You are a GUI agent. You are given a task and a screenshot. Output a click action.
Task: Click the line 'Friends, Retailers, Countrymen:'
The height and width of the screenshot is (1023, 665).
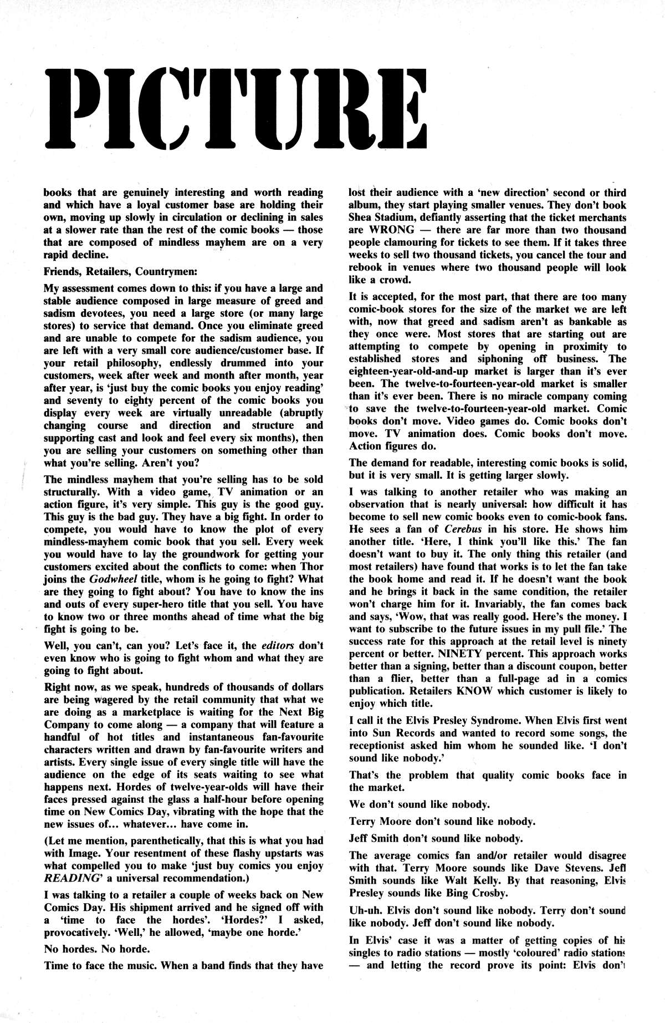point(116,272)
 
